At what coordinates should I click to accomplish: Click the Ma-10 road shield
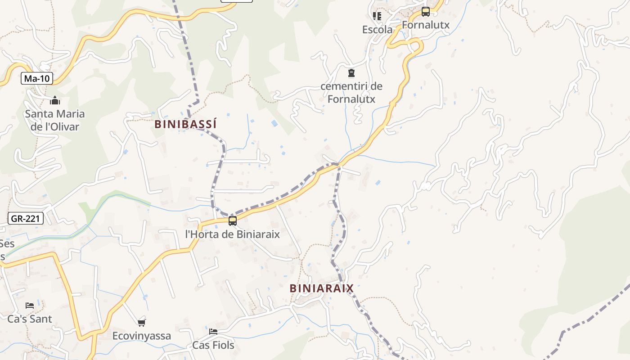(x=37, y=79)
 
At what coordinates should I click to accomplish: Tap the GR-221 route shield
(x=26, y=219)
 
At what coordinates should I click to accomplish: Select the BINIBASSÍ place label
(x=185, y=124)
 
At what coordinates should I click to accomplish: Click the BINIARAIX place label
(x=321, y=288)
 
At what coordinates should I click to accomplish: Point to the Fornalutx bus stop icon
(x=425, y=12)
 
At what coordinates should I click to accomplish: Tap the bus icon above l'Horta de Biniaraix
(x=233, y=221)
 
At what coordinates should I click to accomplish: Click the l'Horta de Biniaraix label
(x=233, y=234)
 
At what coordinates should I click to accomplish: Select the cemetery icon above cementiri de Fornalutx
(x=351, y=73)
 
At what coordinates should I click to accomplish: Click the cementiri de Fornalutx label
(x=351, y=92)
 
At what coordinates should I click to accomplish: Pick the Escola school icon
(x=377, y=16)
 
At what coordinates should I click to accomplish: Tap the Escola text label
(x=377, y=30)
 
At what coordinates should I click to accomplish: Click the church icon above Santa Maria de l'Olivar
(x=55, y=100)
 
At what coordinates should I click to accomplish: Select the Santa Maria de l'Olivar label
(x=55, y=120)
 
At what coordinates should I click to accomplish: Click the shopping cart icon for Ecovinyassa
(x=142, y=323)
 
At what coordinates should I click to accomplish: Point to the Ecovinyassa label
(x=142, y=336)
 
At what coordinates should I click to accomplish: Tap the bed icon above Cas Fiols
(x=213, y=332)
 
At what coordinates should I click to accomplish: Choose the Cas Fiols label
(x=213, y=345)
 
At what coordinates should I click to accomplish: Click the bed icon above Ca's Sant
(x=30, y=305)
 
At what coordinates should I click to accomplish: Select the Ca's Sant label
(x=30, y=319)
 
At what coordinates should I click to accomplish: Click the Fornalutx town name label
(x=425, y=25)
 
